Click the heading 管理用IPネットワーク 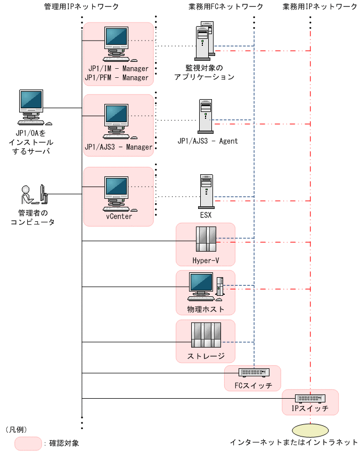[82, 6]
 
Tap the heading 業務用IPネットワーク [320, 6]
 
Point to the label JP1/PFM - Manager [117, 78]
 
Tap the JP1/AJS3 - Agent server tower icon [206, 116]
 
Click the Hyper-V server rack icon [206, 239]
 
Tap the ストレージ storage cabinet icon [206, 336]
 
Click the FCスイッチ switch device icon [252, 373]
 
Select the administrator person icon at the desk [33, 195]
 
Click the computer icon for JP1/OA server [31, 106]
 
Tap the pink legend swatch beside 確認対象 [28, 443]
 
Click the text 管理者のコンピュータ [32, 218]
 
